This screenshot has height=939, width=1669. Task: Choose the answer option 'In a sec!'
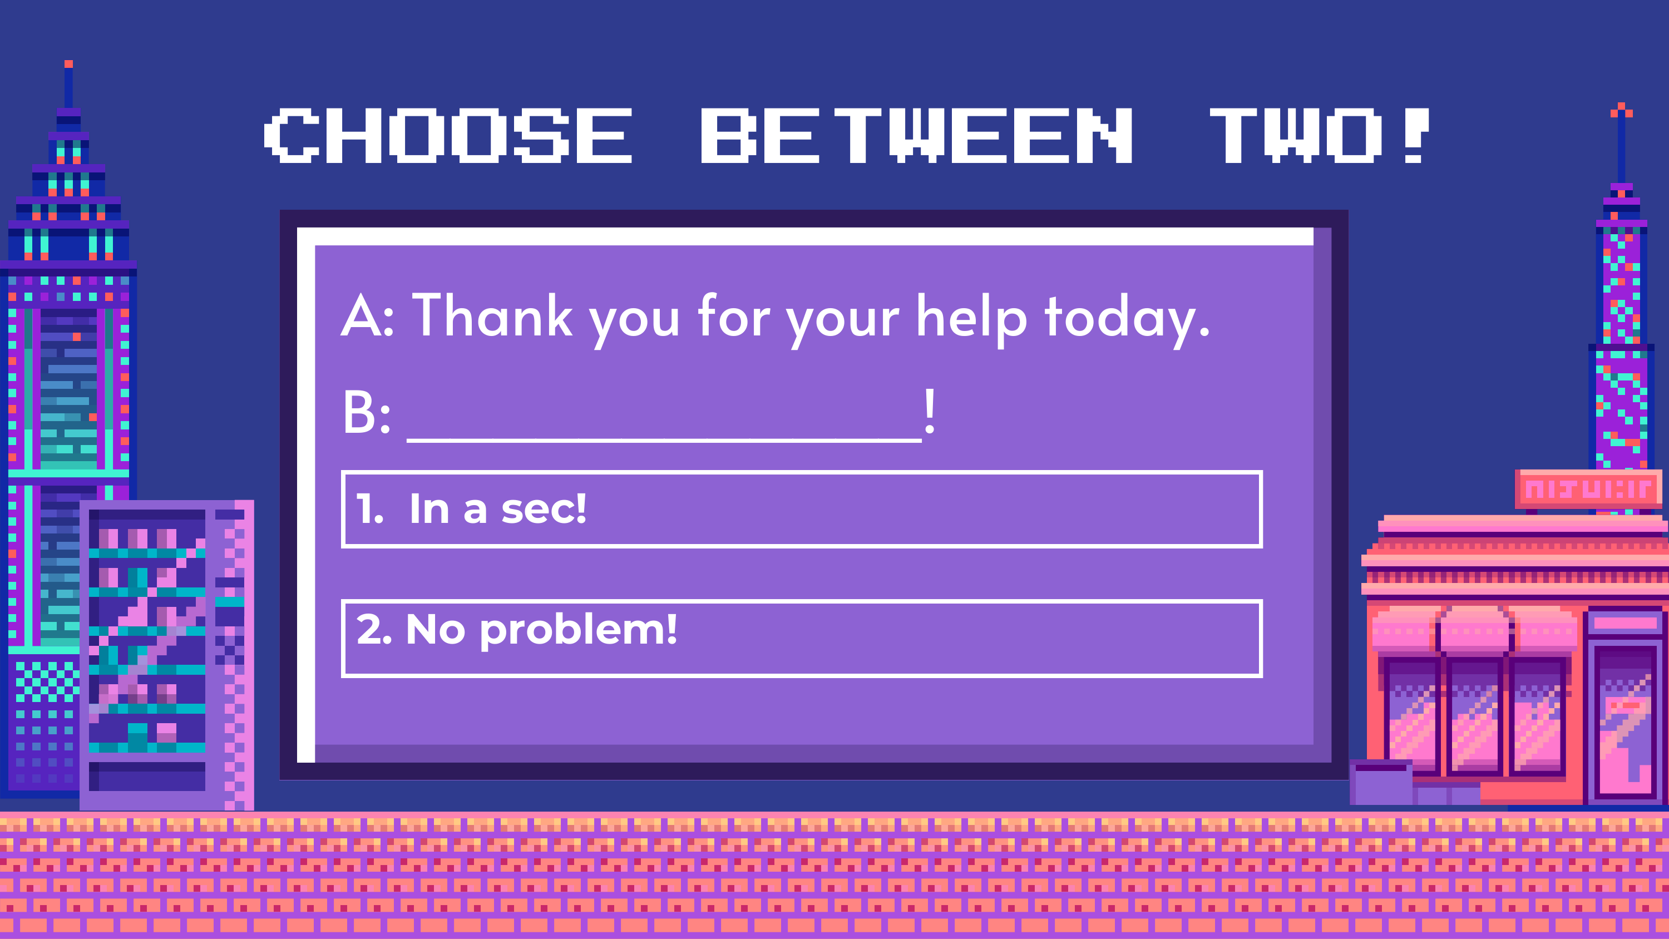[x=802, y=510]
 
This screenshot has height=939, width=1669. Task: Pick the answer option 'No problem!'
[x=802, y=638]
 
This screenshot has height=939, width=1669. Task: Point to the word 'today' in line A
[x=1120, y=319]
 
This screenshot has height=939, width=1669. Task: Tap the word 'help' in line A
[x=972, y=319]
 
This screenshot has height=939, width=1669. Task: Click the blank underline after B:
[x=664, y=440]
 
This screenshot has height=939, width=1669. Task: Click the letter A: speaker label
[x=367, y=315]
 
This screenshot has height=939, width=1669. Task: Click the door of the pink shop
[x=1626, y=719]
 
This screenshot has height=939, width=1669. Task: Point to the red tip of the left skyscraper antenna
[x=68, y=63]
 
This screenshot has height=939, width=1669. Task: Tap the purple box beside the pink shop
[x=1381, y=783]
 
